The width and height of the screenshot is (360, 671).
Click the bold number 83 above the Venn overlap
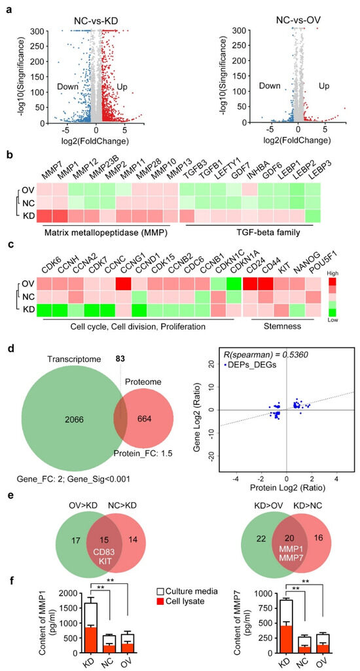coord(120,358)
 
